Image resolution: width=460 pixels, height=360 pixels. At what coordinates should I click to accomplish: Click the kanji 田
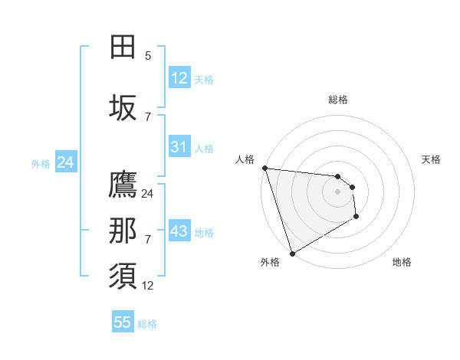pyautogui.click(x=123, y=47)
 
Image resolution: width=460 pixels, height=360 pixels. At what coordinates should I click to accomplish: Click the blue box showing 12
pyautogui.click(x=179, y=78)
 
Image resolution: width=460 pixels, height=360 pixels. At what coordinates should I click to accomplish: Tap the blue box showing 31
pyautogui.click(x=179, y=147)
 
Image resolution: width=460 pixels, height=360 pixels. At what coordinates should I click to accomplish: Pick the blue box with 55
pyautogui.click(x=123, y=322)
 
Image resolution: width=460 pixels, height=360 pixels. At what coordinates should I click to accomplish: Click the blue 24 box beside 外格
pyautogui.click(x=65, y=162)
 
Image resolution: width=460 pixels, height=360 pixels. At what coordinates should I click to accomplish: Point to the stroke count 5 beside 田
pyautogui.click(x=148, y=55)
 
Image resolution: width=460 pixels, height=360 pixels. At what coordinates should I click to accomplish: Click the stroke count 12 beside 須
pyautogui.click(x=147, y=286)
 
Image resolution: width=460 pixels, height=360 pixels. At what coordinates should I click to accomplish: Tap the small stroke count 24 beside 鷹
pyautogui.click(x=147, y=194)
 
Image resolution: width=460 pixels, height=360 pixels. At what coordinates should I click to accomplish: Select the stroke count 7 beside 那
pyautogui.click(x=148, y=240)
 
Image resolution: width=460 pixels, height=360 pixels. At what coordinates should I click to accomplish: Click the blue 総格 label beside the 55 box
pyautogui.click(x=147, y=324)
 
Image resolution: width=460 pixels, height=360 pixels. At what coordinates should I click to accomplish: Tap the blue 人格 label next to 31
pyautogui.click(x=204, y=148)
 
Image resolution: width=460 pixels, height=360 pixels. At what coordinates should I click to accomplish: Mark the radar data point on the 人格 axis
pyautogui.click(x=264, y=168)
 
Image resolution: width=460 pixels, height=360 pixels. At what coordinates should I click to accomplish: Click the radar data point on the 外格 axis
pyautogui.click(x=292, y=253)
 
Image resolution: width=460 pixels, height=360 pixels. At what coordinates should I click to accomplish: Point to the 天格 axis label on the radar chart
pyautogui.click(x=432, y=159)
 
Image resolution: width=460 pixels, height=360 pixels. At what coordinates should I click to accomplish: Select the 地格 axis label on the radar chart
pyautogui.click(x=402, y=262)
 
